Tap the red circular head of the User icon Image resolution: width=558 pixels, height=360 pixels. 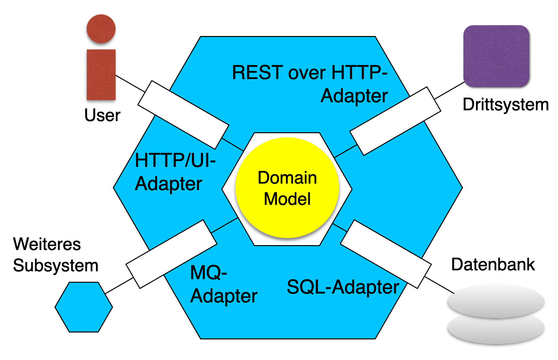tap(101, 29)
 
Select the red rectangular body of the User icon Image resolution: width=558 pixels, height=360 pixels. tap(101, 75)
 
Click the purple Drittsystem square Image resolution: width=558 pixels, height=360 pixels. tap(496, 56)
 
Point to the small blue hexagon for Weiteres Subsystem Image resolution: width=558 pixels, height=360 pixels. tap(84, 307)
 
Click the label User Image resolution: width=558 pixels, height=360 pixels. tap(102, 115)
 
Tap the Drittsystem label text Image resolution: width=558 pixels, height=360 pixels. tap(505, 105)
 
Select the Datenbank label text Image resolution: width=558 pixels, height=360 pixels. tap(493, 264)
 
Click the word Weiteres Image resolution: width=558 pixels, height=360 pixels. tap(47, 244)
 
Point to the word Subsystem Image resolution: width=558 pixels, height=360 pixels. tap(56, 265)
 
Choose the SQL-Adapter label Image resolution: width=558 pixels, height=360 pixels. tap(343, 287)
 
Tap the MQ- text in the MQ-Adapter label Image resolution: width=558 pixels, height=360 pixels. tap(209, 272)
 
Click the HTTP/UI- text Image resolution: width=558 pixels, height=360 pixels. tap(175, 160)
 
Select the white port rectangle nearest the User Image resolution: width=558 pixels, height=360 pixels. tap(183, 115)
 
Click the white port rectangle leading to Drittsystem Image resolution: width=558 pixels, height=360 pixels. tap(395, 121)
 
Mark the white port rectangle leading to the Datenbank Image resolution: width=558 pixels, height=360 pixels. tap(386, 254)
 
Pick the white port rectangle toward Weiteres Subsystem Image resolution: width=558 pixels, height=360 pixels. tap(171, 254)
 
